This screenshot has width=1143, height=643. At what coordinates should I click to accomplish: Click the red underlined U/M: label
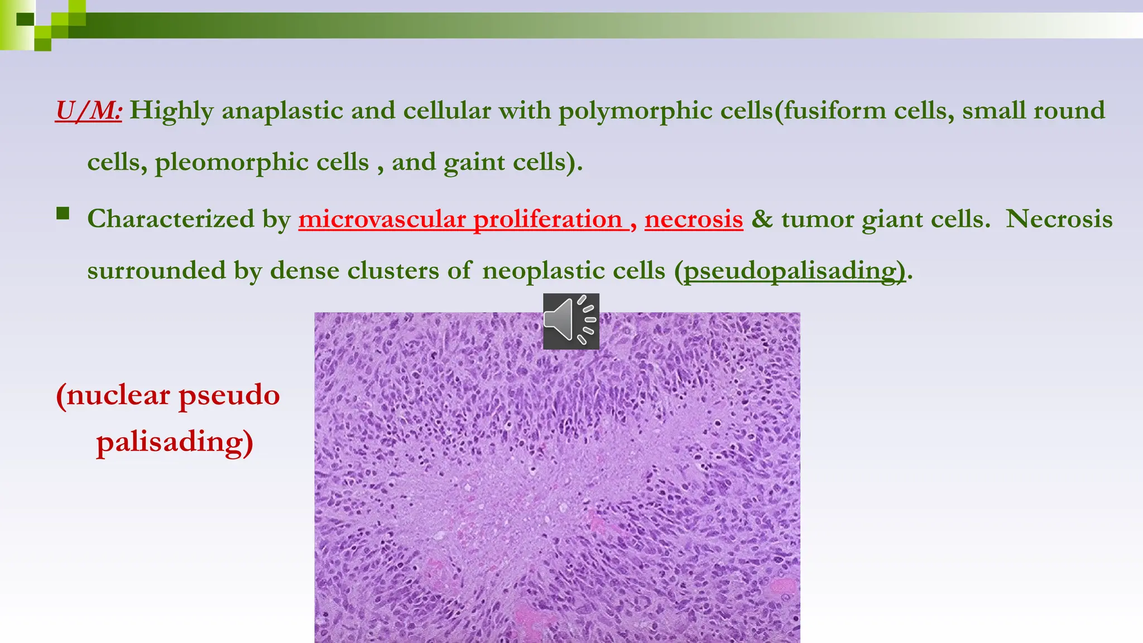(88, 111)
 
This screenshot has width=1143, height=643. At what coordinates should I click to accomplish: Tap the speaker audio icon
(571, 321)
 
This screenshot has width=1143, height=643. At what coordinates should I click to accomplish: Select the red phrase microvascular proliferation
(460, 219)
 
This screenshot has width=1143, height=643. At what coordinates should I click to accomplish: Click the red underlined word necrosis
(694, 219)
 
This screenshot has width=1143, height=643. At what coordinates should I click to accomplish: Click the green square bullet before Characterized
(63, 213)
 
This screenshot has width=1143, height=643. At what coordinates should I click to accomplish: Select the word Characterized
(171, 219)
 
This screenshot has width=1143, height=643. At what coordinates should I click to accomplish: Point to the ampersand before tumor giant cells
(762, 219)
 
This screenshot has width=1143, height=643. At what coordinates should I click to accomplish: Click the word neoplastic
(574, 271)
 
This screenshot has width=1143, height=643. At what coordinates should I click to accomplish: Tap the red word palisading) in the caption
(175, 442)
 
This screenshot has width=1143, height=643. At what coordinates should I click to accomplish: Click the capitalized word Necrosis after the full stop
(1059, 219)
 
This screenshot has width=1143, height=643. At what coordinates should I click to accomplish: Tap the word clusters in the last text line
(393, 271)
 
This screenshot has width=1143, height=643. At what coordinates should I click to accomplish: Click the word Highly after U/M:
(171, 111)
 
